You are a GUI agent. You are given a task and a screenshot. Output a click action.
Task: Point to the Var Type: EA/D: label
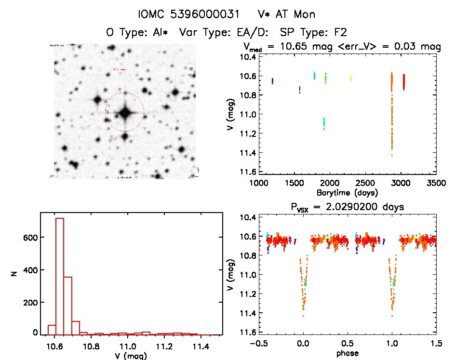point(216,33)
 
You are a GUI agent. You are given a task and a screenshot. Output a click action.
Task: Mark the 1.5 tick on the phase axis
point(436,344)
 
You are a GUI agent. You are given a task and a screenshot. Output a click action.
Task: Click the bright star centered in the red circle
point(125,113)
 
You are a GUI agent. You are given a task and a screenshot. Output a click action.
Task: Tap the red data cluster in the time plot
point(403,82)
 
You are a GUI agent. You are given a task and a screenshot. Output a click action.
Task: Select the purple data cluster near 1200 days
point(273,81)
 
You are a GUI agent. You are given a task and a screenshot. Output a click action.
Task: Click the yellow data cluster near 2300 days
point(351,79)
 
